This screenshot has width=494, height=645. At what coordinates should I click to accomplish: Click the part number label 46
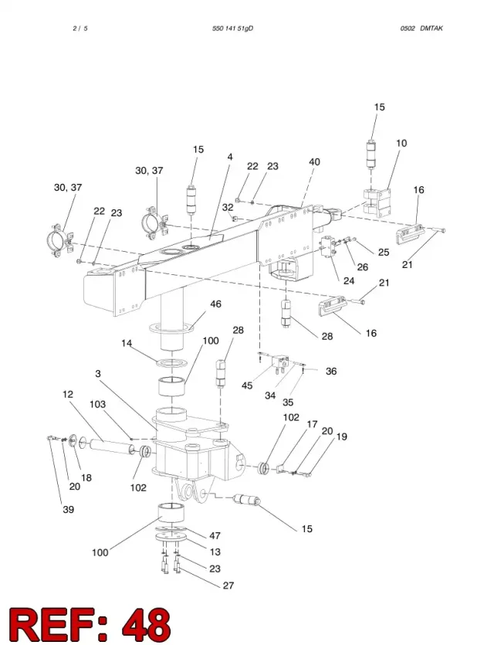click(215, 304)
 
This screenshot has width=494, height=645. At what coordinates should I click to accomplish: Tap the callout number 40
click(314, 162)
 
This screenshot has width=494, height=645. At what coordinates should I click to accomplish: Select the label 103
click(97, 404)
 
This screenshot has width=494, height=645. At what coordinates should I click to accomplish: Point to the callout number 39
click(68, 509)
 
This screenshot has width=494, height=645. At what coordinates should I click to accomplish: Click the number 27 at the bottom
click(228, 586)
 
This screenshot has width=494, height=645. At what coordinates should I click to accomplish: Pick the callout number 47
click(215, 535)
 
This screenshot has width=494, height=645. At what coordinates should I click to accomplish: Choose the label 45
click(247, 385)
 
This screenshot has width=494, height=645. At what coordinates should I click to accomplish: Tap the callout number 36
click(331, 372)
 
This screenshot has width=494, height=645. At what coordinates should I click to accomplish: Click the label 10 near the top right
click(401, 143)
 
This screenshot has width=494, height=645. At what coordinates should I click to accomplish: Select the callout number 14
click(127, 343)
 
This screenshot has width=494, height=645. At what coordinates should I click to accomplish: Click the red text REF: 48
click(90, 624)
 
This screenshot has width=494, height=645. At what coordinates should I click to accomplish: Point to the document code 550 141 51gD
click(232, 29)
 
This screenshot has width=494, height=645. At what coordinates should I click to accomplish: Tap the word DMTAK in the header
click(431, 29)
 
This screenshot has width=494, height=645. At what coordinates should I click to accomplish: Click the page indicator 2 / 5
click(80, 29)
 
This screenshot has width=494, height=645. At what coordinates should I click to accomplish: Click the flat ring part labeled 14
click(171, 364)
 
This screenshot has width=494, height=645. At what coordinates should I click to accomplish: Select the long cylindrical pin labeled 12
click(111, 446)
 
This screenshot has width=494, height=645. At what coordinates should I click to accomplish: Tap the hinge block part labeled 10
click(377, 202)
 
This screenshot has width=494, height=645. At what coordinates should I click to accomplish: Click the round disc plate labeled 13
click(171, 537)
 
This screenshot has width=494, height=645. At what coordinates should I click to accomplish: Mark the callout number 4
click(230, 157)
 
